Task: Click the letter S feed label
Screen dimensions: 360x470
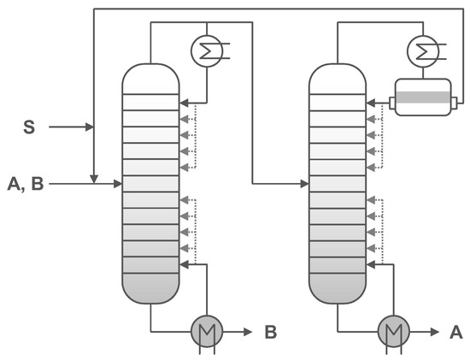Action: tap(28, 128)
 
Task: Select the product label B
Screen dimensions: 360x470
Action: tap(270, 331)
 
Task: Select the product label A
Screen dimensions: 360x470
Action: tap(455, 331)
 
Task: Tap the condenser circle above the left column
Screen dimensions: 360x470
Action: tap(205, 50)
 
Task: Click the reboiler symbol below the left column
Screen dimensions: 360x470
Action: tap(205, 331)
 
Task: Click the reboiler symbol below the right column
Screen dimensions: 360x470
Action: tap(392, 331)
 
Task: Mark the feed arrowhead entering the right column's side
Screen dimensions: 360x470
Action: tap(304, 182)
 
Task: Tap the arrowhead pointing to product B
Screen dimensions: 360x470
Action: tap(248, 331)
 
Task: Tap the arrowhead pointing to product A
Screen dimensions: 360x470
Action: tap(434, 331)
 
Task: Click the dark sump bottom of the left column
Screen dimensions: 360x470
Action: tap(151, 287)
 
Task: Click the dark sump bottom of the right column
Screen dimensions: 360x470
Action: tap(337, 287)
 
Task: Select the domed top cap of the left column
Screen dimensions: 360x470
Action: tap(151, 77)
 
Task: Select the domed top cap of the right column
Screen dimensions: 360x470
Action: tap(337, 77)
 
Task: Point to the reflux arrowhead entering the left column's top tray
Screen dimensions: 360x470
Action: tap(185, 101)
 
